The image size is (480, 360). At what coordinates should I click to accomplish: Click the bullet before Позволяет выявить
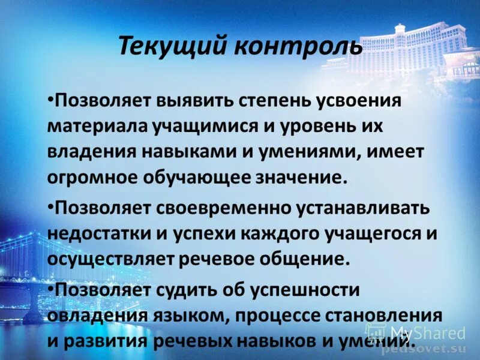[x=50, y=97]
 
